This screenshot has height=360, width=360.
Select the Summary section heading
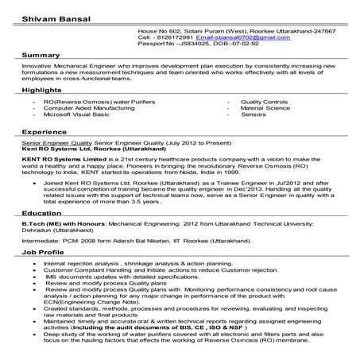(39, 54)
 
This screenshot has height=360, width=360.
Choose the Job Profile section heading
(43, 252)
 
